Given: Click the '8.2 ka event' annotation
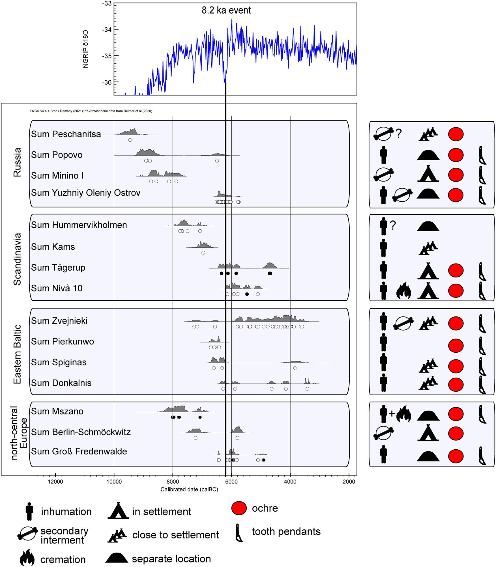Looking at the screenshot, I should tap(226, 10).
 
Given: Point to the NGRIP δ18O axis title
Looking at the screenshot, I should tap(85, 49).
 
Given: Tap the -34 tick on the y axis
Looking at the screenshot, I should tap(107, 30).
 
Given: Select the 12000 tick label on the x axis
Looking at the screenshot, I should tap(55, 482).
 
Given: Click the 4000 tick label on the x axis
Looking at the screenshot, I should tap(290, 482).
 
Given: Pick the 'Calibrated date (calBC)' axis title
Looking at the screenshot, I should tap(189, 490).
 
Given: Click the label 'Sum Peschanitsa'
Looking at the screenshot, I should tap(66, 134).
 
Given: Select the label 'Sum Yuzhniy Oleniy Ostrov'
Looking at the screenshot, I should tap(85, 193).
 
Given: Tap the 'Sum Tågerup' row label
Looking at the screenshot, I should tap(58, 268).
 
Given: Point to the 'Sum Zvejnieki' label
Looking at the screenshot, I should tap(59, 321).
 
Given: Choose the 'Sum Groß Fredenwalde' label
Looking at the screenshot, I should tap(79, 451).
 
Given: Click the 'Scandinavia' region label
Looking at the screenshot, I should tap(17, 259).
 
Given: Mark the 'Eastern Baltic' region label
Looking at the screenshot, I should tap(17, 354).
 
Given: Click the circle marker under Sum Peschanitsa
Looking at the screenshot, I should tap(130, 140).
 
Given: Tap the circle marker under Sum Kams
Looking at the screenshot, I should tap(203, 253).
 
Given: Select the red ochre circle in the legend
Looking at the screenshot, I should tap(239, 508).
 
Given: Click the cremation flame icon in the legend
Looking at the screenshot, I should tap(27, 557).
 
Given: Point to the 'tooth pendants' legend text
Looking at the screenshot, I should tap(286, 532).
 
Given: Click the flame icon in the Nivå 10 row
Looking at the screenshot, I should tap(403, 291).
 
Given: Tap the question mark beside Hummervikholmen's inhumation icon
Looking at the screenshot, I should tap(393, 225).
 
